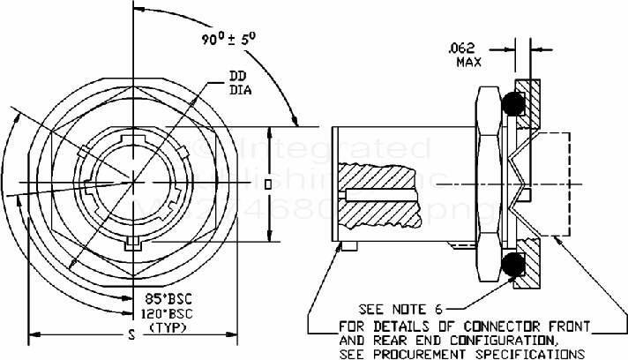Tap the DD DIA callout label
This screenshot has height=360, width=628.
pos(239,82)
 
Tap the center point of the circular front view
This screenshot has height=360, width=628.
pos(131,184)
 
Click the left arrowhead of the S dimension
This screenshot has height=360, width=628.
pos(34,334)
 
